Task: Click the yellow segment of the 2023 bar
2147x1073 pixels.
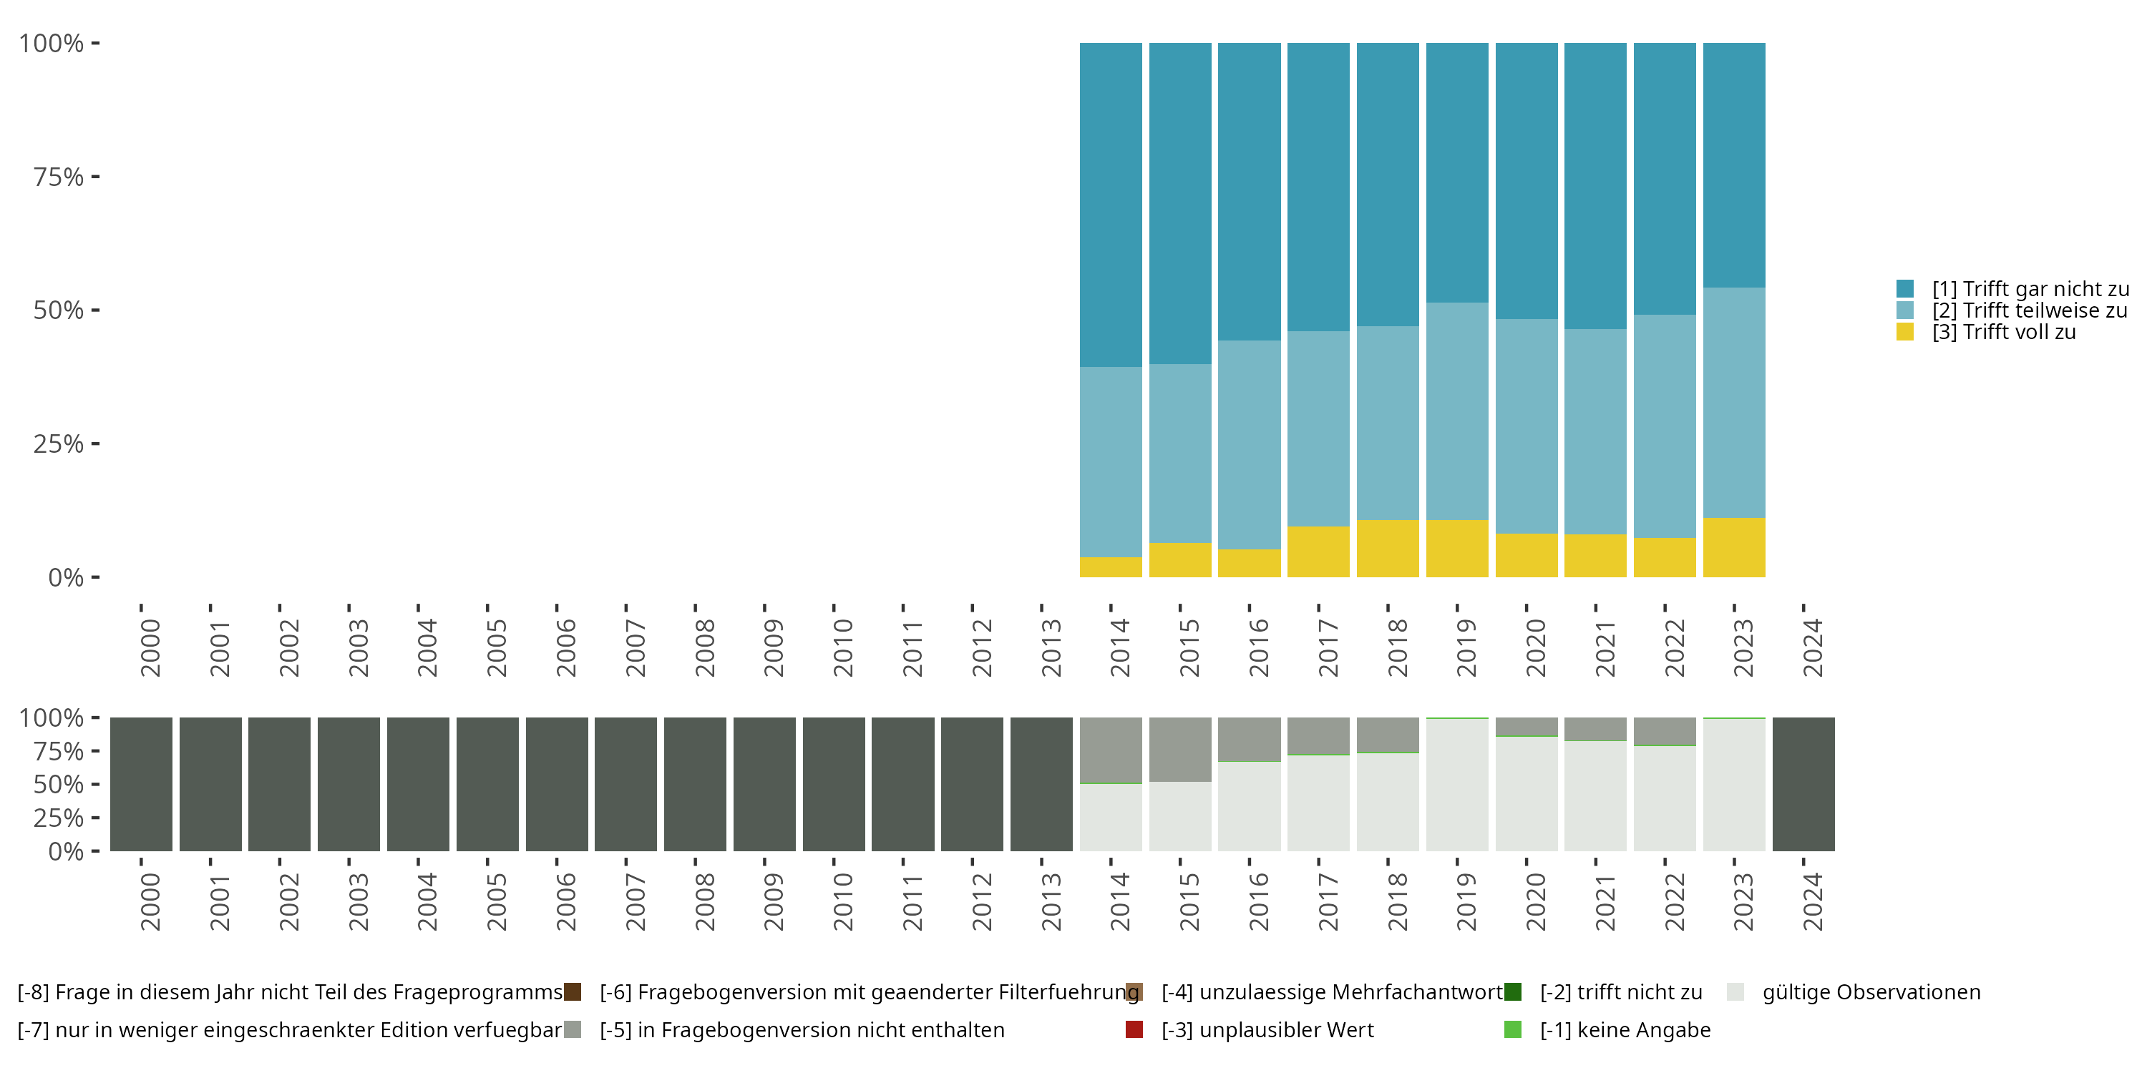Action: pyautogui.click(x=1733, y=547)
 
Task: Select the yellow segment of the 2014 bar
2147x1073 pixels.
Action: pyautogui.click(x=1110, y=567)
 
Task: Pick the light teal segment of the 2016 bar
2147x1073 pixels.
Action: pyautogui.click(x=1249, y=444)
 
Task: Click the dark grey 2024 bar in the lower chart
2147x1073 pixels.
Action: pyautogui.click(x=1803, y=784)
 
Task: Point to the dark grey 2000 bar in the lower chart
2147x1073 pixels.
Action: pyautogui.click(x=141, y=784)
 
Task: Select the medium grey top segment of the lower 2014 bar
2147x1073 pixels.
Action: pyautogui.click(x=1110, y=750)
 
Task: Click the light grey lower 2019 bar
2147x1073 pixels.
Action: pyautogui.click(x=1457, y=785)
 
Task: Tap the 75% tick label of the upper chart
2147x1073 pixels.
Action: pyautogui.click(x=59, y=177)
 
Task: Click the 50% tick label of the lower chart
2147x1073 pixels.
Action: pyautogui.click(x=59, y=784)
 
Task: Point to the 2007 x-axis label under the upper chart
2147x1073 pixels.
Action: pyautogui.click(x=635, y=647)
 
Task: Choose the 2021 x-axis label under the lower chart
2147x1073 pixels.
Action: pyautogui.click(x=1605, y=901)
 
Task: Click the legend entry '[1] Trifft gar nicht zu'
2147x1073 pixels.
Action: pyautogui.click(x=2030, y=289)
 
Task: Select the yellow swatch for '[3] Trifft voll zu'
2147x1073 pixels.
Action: pyautogui.click(x=1904, y=332)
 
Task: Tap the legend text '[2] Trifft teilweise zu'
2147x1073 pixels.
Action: pyautogui.click(x=2030, y=310)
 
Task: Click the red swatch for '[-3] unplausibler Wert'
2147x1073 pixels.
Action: pyautogui.click(x=1134, y=1029)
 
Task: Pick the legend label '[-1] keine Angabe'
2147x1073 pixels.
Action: pyautogui.click(x=1625, y=1029)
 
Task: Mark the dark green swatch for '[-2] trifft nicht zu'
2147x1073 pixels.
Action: pyautogui.click(x=1513, y=992)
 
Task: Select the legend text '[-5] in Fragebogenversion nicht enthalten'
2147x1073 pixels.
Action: pyautogui.click(x=802, y=1029)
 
